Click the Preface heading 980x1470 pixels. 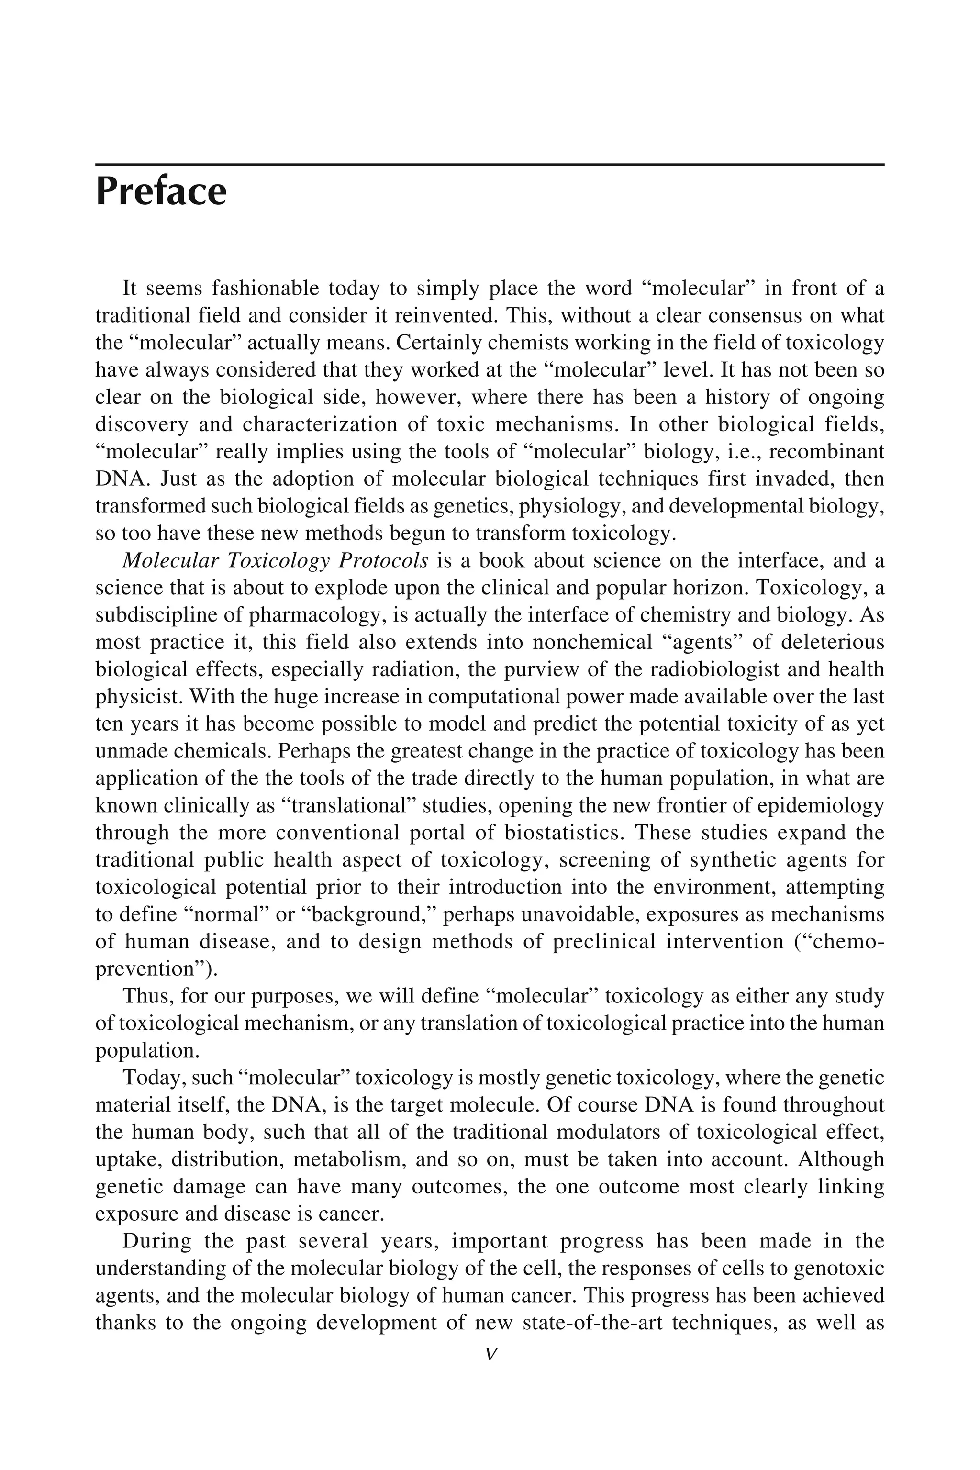(161, 192)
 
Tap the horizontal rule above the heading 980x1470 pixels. (490, 165)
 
